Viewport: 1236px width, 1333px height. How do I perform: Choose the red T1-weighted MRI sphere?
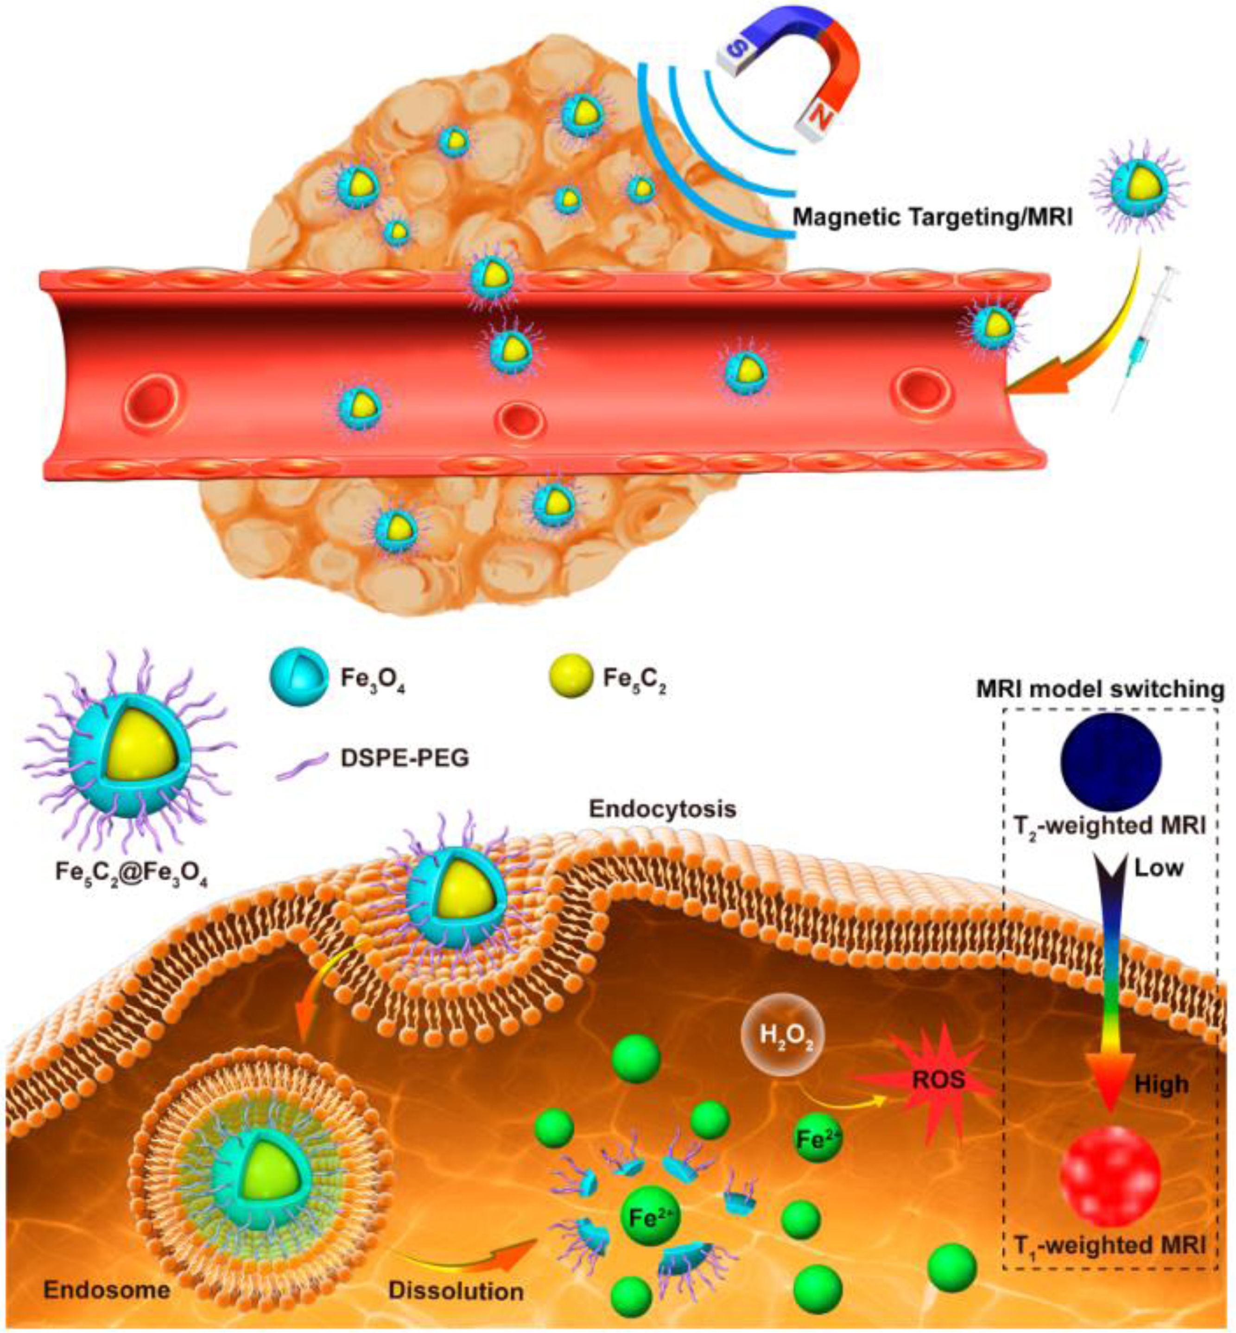pos(1111,1177)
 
